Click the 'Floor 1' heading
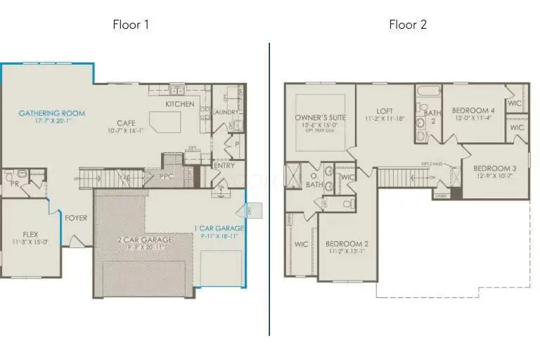(131, 25)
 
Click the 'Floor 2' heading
(408, 25)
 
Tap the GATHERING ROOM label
(52, 113)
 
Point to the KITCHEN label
(180, 104)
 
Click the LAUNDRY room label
(226, 112)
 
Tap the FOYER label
(76, 218)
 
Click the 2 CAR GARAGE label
(145, 239)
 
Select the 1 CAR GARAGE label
(219, 228)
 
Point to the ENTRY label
(224, 166)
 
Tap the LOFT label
(385, 111)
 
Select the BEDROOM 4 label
(473, 111)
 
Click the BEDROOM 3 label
(494, 168)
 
